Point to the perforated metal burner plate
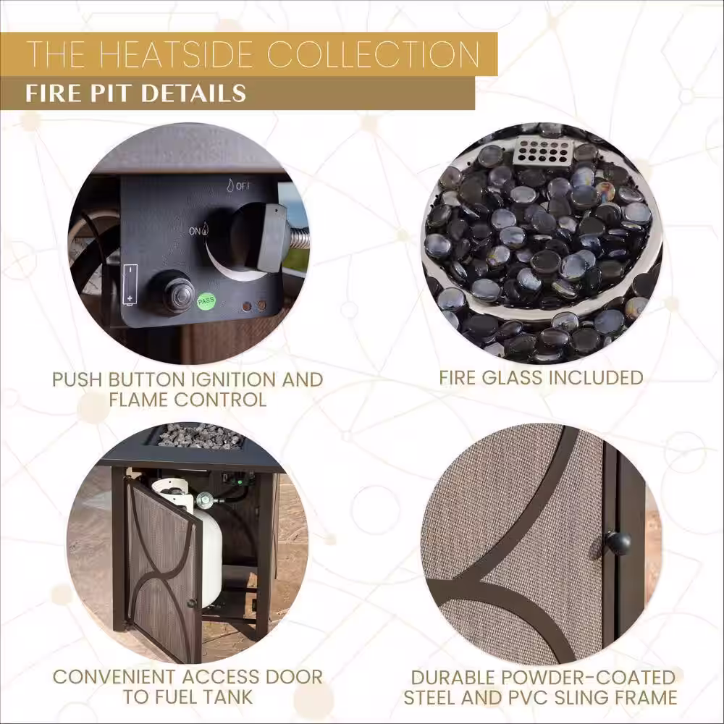542,152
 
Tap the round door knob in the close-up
617,543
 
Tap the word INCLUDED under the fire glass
596,377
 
